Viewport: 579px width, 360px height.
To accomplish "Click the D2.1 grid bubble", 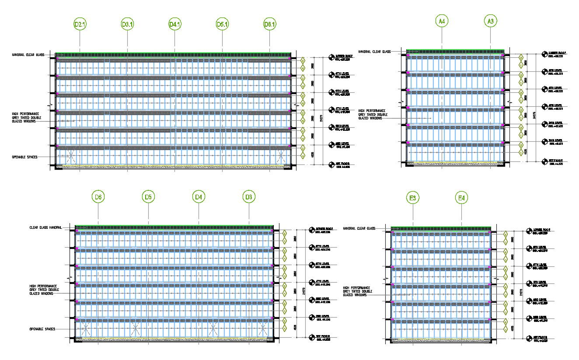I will tap(80, 25).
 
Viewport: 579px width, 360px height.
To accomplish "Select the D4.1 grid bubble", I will tap(175, 25).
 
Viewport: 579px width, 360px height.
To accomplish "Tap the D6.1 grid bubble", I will tap(270, 25).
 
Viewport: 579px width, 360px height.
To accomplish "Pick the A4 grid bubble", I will tap(442, 21).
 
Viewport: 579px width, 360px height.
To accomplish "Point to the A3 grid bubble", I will tap(491, 21).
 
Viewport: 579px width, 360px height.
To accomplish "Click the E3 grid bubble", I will tap(412, 199).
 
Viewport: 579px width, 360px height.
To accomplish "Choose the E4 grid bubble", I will tap(461, 199).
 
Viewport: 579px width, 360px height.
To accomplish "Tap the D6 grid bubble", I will tap(98, 197).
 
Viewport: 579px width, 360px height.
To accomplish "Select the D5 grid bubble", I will tap(148, 197).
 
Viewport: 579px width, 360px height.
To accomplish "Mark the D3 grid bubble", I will tap(249, 197).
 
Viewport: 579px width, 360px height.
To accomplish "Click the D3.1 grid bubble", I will tap(127, 25).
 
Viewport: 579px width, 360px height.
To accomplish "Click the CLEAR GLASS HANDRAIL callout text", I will tap(45, 227).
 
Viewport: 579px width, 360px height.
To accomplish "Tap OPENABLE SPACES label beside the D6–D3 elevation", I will tap(42, 329).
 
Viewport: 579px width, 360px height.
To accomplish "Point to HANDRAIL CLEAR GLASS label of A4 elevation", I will tap(374, 52).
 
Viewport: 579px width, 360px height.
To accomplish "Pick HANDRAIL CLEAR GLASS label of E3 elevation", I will tap(359, 228).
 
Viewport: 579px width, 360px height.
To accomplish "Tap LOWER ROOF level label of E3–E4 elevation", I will tap(541, 231).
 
